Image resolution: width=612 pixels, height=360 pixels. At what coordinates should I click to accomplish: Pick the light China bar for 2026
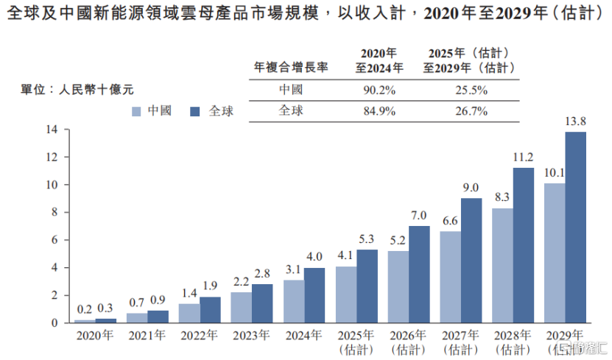tap(398, 286)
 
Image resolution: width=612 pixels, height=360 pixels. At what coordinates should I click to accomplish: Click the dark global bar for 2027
tap(471, 260)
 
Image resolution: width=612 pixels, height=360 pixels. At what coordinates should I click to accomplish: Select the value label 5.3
tap(367, 240)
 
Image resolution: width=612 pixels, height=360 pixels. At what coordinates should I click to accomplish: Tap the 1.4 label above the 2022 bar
tap(189, 294)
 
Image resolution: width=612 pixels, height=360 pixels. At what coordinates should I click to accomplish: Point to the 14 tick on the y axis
tap(52, 130)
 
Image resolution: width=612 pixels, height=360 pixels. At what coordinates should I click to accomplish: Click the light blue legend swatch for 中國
tap(136, 111)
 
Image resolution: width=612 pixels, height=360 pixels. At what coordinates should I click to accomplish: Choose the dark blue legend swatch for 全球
tap(195, 111)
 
